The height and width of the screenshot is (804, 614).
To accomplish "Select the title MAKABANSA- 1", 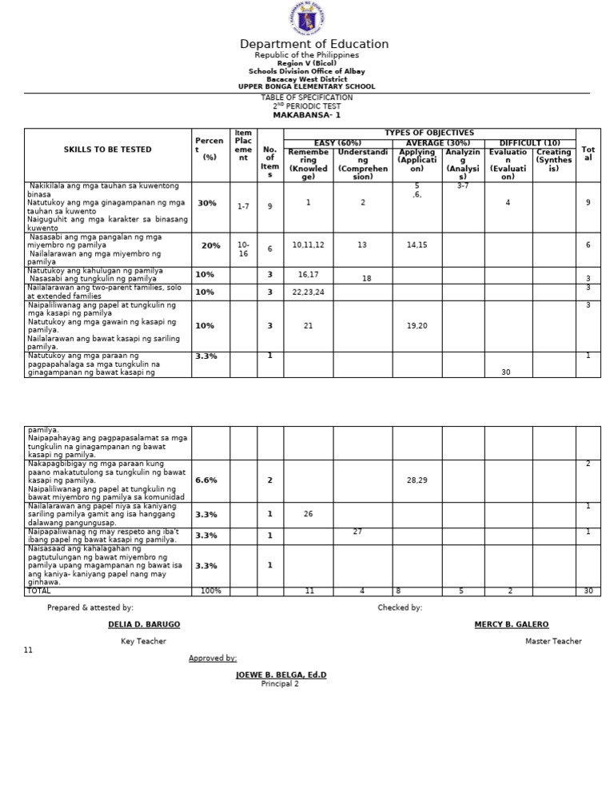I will (306, 115).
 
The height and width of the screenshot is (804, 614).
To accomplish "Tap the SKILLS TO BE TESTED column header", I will (107, 149).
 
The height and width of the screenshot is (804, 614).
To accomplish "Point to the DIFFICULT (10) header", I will (529, 142).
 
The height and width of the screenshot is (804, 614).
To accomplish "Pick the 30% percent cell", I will (207, 204).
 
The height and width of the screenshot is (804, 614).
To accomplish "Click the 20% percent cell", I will (210, 246).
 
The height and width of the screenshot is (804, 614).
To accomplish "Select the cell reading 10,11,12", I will (308, 245).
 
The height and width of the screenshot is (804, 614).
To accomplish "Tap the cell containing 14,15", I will (417, 245).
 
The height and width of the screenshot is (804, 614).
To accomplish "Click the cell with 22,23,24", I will (308, 292).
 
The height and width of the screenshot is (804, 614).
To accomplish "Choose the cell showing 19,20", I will (417, 326).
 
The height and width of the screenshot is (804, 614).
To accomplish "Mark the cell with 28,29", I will (417, 480).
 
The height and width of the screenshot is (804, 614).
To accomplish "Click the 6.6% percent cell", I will (206, 480).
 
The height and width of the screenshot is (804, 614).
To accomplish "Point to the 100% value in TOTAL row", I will (210, 591).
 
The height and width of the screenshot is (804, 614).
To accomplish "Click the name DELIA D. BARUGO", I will (144, 624).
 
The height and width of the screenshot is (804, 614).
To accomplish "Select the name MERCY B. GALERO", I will (512, 624).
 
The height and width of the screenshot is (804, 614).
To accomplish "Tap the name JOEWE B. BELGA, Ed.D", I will (281, 675).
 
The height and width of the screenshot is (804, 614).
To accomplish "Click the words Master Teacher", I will (553, 641).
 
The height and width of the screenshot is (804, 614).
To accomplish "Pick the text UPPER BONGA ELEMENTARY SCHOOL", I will (306, 86).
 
